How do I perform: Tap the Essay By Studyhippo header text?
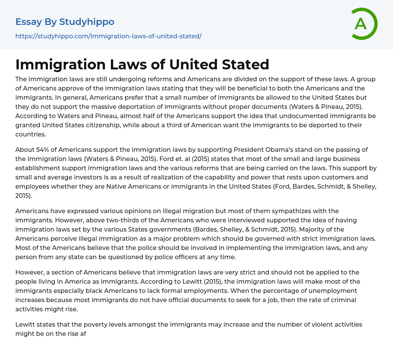coord(65,22)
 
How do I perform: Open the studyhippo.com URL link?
coord(108,36)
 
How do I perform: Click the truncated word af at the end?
coord(83,334)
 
